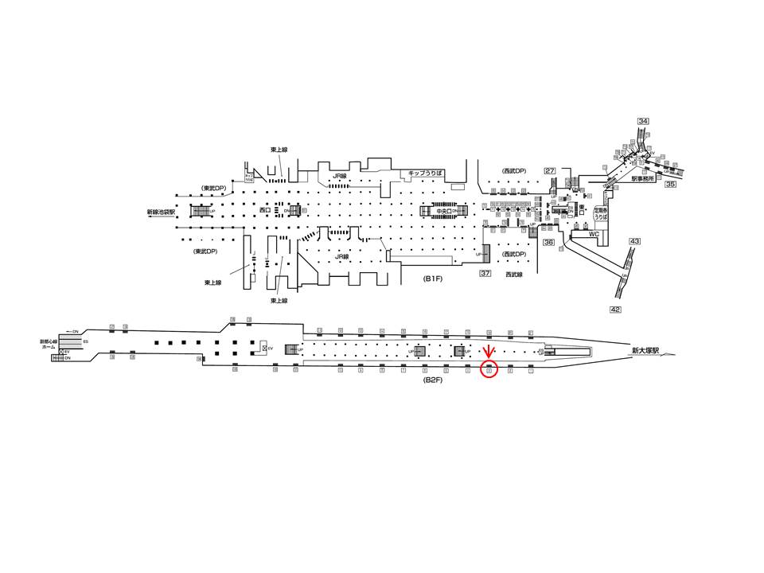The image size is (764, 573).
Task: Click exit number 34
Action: pos(643,121)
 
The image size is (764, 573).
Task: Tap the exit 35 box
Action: pos(670,185)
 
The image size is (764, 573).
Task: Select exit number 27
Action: pos(549,171)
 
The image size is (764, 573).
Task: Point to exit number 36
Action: pos(548,243)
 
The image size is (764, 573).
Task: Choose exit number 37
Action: pos(485,273)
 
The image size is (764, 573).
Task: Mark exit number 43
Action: pos(634,241)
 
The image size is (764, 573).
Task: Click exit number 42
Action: pos(615,310)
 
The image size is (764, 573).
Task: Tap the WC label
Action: pos(593,236)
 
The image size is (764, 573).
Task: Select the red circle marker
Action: pos(489,370)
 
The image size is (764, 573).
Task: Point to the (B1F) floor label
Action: pos(433,279)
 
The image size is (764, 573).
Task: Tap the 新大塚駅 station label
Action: pos(646,350)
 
